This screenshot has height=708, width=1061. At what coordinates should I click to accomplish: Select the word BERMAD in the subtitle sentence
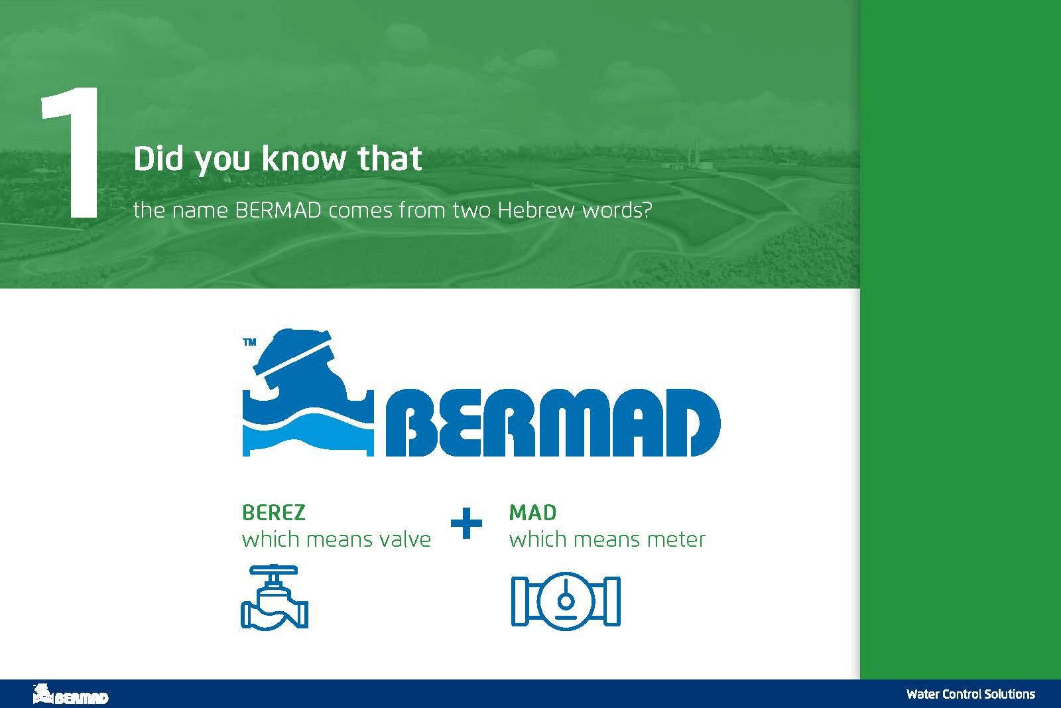coord(279,210)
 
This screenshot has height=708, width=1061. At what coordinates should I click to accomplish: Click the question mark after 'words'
coord(647,210)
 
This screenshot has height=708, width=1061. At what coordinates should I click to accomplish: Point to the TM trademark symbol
coord(249,342)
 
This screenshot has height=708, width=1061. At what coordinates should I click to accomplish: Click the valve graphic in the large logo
coord(308,392)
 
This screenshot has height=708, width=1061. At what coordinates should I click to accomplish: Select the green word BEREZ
coord(274,513)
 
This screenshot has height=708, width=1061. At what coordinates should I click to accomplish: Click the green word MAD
coord(533,513)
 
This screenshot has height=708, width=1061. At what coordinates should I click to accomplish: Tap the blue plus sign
coord(467,523)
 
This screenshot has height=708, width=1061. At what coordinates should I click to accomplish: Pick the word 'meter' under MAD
coord(676,539)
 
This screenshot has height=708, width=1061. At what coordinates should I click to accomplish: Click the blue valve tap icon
coord(275,597)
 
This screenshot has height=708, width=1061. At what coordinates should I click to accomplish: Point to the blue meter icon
coord(566,601)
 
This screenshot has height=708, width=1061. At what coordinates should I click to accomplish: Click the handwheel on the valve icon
coord(274,569)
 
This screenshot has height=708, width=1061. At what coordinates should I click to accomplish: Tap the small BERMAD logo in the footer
coord(70,694)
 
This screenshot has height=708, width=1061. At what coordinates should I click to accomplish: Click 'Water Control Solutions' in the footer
coord(971,694)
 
